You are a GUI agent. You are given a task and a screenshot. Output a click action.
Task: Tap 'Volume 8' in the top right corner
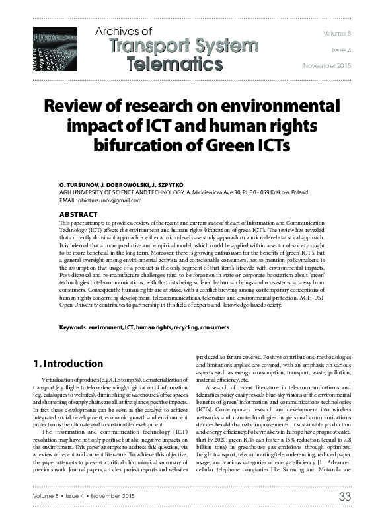tap(338, 33)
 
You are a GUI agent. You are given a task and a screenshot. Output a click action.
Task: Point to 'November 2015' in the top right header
tap(328, 66)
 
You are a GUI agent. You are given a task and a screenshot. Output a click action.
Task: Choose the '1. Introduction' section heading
tap(68, 364)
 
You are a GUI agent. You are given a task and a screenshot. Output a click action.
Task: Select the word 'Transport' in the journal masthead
tap(139, 46)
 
